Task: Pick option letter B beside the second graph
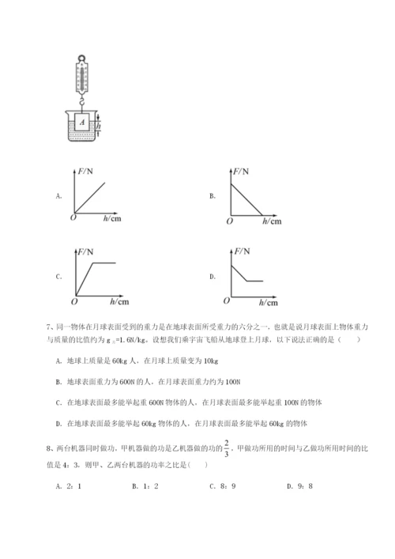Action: [x=213, y=195]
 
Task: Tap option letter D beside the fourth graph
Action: [x=213, y=277]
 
